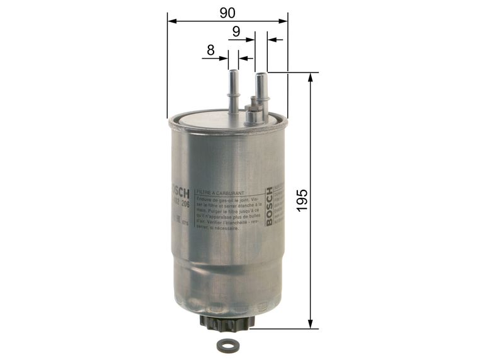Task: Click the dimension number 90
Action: (x=227, y=11)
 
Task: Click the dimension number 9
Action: (x=236, y=30)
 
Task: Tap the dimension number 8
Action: (x=211, y=49)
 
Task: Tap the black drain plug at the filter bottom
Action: (x=226, y=323)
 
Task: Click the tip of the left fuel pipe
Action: (x=233, y=73)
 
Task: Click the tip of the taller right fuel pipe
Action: (x=261, y=76)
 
